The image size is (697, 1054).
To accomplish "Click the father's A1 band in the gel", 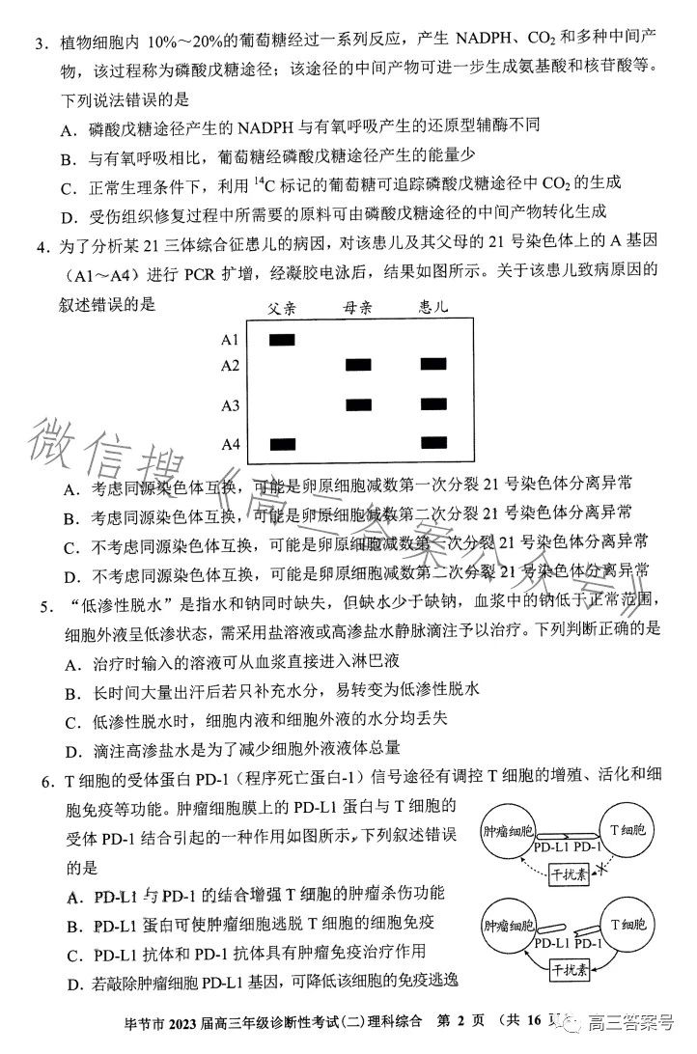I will [x=282, y=339].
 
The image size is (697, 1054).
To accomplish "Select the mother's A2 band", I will [x=359, y=365].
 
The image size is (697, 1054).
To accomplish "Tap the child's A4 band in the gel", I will [x=433, y=443].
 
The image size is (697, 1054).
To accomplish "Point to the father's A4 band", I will [x=282, y=444].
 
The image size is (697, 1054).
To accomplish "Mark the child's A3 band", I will [x=433, y=404].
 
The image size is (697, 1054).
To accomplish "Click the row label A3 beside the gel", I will [x=230, y=405].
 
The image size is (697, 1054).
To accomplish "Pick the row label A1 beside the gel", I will [x=230, y=340].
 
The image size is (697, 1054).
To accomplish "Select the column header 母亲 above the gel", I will [x=358, y=308].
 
